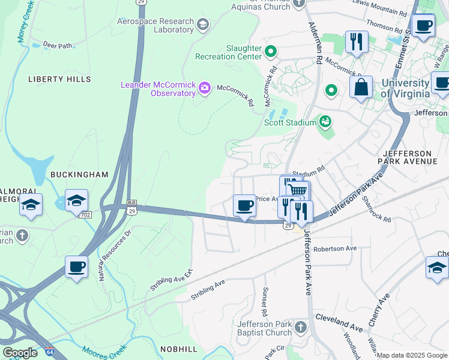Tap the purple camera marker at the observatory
pyautogui.click(x=205, y=89)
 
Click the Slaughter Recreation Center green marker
pyautogui.click(x=271, y=52)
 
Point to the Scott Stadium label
pyautogui.click(x=291, y=122)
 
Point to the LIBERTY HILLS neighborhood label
pyautogui.click(x=59, y=79)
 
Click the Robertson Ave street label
pyautogui.click(x=335, y=248)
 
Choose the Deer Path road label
pyautogui.click(x=58, y=45)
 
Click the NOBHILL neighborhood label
pyautogui.click(x=178, y=349)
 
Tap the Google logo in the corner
pyautogui.click(x=20, y=353)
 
